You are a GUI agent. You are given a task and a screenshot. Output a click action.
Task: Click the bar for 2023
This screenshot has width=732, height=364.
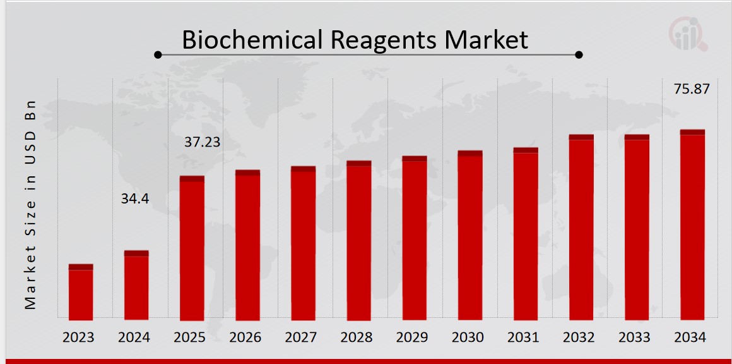(81, 292)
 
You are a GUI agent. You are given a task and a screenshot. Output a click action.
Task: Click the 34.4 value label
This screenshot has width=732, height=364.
(135, 199)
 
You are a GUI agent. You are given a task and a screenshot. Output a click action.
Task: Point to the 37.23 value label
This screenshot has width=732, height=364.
(202, 142)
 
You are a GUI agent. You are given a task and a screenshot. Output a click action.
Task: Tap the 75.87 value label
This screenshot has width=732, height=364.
(692, 89)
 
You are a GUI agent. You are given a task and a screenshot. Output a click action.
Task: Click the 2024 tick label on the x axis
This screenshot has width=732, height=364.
(134, 337)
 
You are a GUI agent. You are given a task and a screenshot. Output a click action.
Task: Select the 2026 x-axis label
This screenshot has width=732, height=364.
(245, 337)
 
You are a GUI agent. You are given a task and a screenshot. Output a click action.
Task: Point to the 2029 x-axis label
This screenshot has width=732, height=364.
(412, 337)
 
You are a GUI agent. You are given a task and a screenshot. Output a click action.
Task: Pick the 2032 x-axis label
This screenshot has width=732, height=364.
(579, 337)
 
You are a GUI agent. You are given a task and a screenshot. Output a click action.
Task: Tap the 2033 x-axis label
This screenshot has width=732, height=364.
(635, 337)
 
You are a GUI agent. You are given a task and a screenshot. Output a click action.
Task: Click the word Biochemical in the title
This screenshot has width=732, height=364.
(254, 40)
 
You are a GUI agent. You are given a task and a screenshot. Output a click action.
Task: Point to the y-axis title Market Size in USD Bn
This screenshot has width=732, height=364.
(30, 204)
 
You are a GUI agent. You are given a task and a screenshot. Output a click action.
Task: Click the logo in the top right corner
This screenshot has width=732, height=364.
(688, 34)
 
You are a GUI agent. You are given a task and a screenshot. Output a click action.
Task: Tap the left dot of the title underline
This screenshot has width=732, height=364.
(158, 55)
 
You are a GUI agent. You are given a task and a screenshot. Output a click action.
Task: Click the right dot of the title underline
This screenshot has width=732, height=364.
(579, 55)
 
